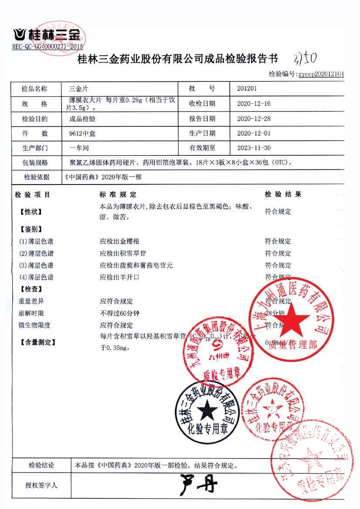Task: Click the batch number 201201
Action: pos(247,89)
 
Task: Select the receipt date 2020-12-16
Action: pos(254,104)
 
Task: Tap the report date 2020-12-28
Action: pos(254,118)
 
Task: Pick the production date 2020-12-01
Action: pos(254,133)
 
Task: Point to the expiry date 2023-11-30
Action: pos(254,148)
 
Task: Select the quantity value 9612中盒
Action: pos(79,134)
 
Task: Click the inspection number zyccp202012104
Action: pos(321,74)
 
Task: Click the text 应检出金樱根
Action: pos(119,241)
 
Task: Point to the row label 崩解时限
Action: pos(31,313)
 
